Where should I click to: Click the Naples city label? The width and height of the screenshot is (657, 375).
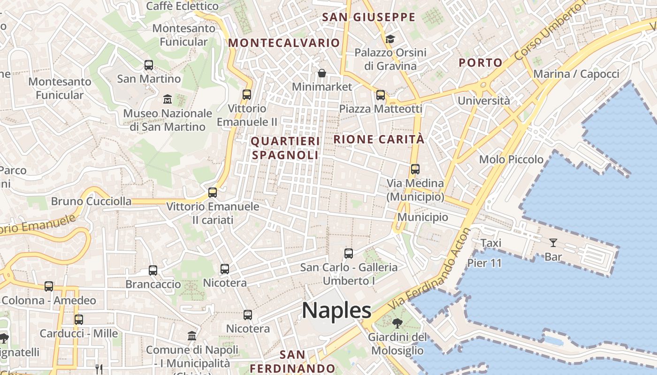(x=336, y=311)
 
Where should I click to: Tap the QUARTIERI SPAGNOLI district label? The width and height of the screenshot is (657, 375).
(x=285, y=148)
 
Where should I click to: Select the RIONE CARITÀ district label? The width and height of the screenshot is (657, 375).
(x=379, y=139)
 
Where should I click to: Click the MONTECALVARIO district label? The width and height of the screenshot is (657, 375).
(x=283, y=43)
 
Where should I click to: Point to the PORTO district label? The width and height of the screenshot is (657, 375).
(x=481, y=62)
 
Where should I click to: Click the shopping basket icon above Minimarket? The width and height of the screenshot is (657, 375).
(x=322, y=73)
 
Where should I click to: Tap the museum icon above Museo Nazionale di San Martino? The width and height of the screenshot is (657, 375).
(x=167, y=99)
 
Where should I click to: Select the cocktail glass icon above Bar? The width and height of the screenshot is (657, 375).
(x=553, y=243)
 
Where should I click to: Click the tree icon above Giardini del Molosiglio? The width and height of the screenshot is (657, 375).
(x=397, y=323)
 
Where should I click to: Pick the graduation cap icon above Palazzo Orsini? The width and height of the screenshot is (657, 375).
(x=390, y=38)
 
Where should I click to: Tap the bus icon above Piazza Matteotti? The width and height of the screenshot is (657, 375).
(x=380, y=95)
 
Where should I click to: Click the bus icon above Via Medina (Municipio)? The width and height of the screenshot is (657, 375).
(x=415, y=169)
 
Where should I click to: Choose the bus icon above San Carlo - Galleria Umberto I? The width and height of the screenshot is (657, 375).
(x=348, y=254)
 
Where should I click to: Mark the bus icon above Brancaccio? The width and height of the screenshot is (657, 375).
(x=153, y=270)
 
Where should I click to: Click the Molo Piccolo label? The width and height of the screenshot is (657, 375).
(x=511, y=159)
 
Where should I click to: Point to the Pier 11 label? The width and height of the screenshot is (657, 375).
(x=484, y=263)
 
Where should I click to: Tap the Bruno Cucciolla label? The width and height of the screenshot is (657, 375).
(x=91, y=202)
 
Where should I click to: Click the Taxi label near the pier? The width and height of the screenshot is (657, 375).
(x=491, y=243)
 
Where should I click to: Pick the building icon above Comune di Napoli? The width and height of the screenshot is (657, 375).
(x=191, y=336)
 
